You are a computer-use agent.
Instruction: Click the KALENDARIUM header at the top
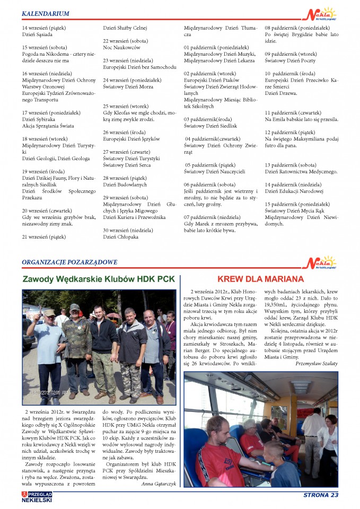[x=46, y=13]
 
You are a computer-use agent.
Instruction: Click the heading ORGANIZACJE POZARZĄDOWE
[x=69, y=262]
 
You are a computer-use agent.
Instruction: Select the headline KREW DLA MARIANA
[x=260, y=279]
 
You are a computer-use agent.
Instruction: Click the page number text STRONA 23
[x=320, y=496]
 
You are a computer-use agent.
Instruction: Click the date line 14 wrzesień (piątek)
[x=44, y=27]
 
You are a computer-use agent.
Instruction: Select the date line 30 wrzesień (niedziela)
[x=128, y=230]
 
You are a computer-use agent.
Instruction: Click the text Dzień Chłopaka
[x=121, y=237]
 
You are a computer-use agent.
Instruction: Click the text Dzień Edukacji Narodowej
[x=294, y=191]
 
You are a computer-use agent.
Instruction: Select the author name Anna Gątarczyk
[x=159, y=484]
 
